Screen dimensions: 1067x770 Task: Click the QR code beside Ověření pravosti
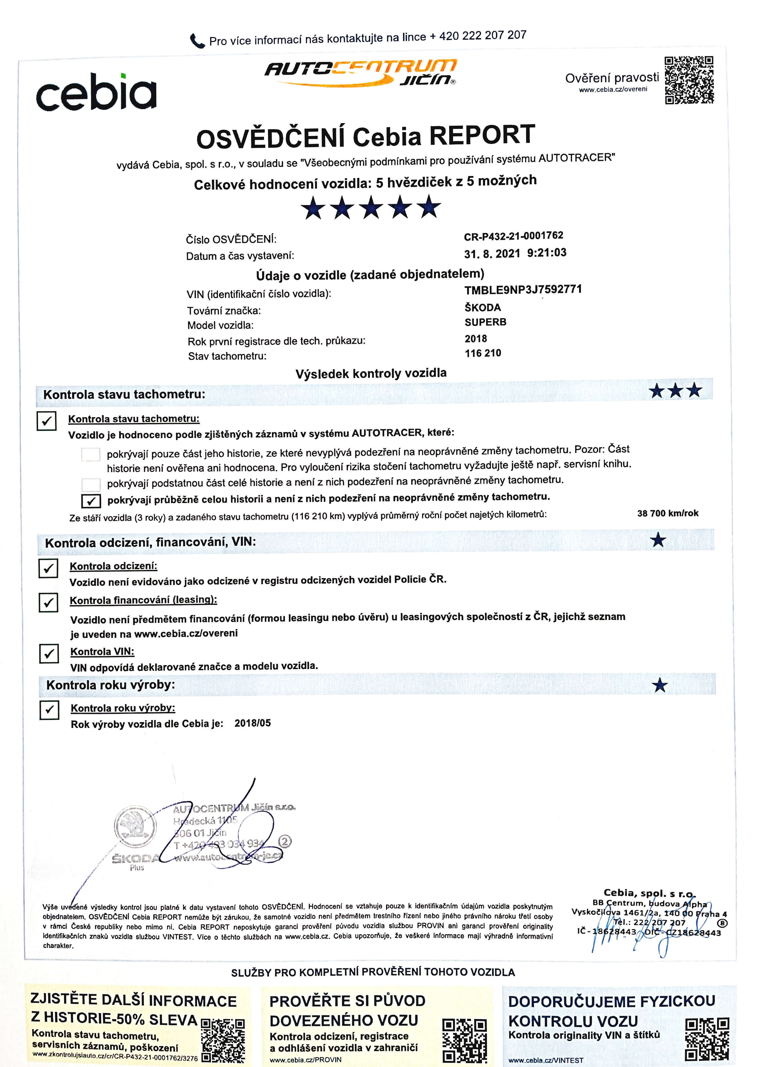689,80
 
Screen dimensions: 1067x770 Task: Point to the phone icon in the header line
197,41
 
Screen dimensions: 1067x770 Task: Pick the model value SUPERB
485,322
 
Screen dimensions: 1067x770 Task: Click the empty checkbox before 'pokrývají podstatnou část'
91,484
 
